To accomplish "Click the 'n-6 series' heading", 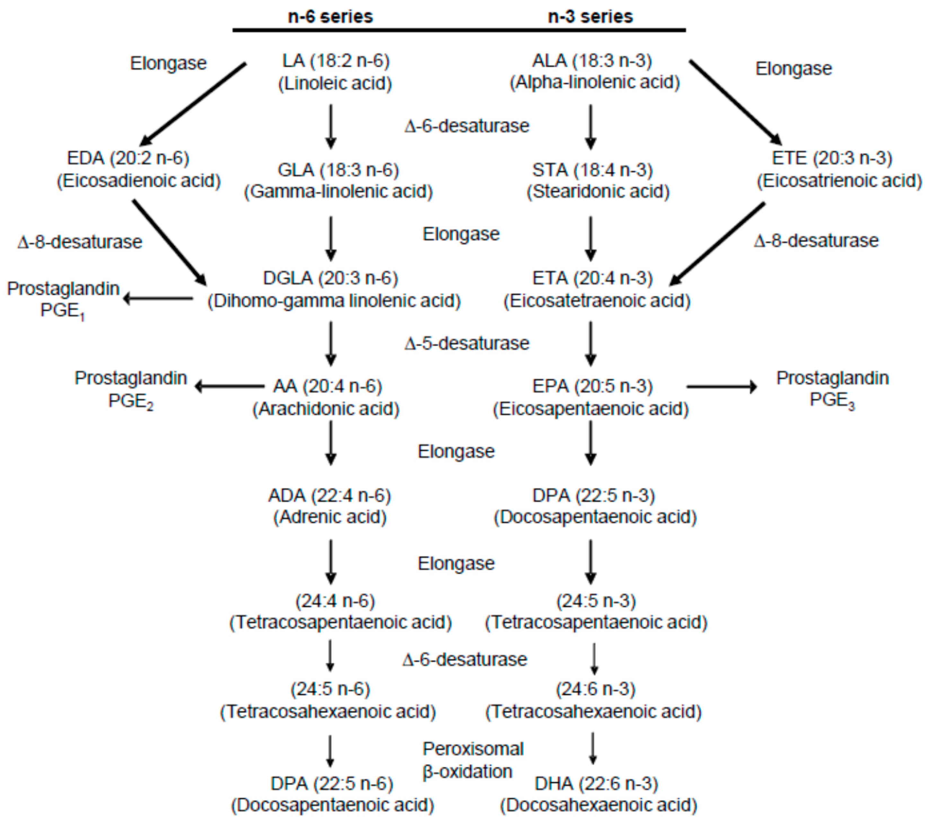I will coord(330,16).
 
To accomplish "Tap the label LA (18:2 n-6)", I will coord(336,61).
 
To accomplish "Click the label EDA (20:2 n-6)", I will coord(128,158).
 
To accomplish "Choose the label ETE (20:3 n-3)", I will coord(832,158).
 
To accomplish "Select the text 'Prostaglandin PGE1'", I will coord(63,300).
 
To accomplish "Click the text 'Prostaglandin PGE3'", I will coord(832,389).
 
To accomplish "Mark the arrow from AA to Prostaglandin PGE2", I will coord(229,387).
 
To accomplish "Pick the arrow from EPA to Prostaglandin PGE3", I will coord(721,387).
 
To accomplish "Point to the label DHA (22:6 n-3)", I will coord(596,784).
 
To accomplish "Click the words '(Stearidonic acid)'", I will coord(598,191).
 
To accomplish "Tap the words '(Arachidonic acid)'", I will coord(326,409).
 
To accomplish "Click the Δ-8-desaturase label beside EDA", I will coord(80,242).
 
